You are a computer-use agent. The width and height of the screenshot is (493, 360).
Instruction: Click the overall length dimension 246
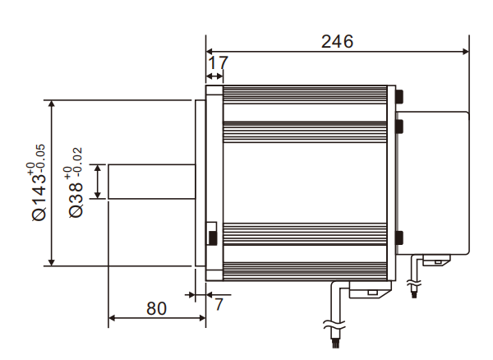point(337,41)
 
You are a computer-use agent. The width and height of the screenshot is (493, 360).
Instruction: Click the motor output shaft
point(152,182)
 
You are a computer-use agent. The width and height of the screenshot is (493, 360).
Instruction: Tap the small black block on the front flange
point(212,237)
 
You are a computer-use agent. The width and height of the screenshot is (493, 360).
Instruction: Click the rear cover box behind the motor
point(433,181)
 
